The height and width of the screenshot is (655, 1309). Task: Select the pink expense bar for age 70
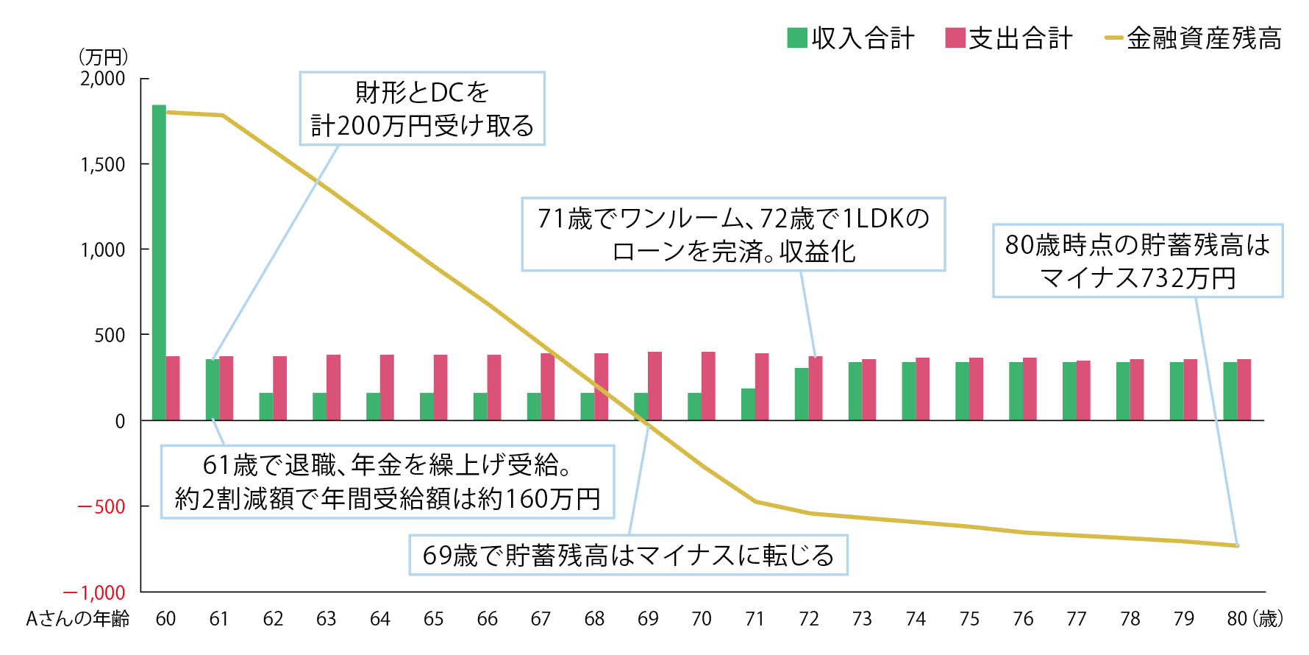point(708,386)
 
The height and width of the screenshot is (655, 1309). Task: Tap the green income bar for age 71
point(748,404)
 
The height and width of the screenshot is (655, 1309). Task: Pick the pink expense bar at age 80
point(1244,389)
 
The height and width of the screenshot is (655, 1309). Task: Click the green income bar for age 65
point(427,406)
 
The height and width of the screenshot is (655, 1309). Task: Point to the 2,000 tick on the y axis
point(103,79)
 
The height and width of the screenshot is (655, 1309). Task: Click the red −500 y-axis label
point(101,507)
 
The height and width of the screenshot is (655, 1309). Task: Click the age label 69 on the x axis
point(648,619)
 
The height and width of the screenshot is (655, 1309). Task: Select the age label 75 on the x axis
point(969,619)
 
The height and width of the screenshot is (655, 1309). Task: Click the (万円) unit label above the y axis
point(103,57)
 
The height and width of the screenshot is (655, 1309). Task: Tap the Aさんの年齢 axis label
point(78,619)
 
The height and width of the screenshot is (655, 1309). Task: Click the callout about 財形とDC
point(421,108)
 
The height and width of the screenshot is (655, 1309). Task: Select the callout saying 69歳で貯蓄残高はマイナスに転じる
point(628,555)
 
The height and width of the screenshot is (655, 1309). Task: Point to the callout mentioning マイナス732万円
point(1138,261)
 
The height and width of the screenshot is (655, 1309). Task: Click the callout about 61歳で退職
point(388,482)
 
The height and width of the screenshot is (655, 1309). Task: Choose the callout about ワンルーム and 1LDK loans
point(733,234)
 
